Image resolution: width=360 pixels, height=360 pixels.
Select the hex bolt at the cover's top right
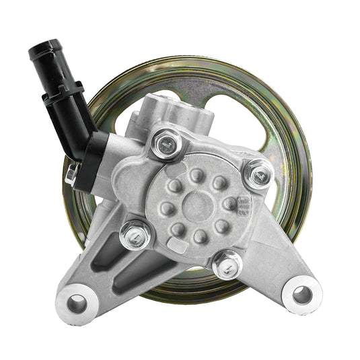point(258,174)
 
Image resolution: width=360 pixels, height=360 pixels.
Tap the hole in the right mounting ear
point(302,294)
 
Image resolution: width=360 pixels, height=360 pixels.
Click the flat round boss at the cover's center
point(198,204)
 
